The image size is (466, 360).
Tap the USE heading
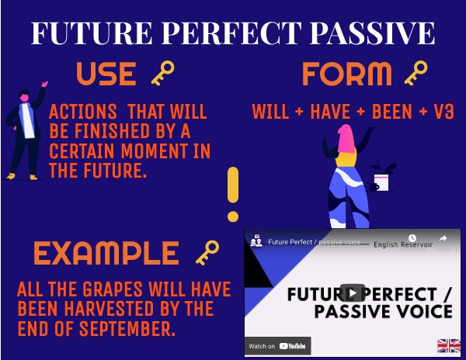106,74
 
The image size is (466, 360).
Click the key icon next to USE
162,74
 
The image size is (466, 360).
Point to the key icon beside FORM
416,74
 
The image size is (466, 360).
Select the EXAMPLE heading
106,254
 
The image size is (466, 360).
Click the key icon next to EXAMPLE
207,253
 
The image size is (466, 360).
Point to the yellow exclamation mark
232,195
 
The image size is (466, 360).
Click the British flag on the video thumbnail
448,345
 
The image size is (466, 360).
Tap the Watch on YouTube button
277,346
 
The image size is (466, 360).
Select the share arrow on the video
443,240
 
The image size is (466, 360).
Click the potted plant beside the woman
382,178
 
